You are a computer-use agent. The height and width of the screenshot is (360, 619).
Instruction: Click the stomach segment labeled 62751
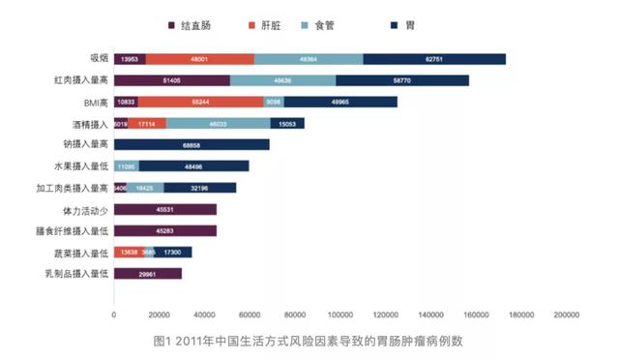click(x=434, y=60)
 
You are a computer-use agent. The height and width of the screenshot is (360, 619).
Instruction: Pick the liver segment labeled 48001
click(x=200, y=60)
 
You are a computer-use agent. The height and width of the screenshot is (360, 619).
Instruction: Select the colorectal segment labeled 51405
click(x=172, y=80)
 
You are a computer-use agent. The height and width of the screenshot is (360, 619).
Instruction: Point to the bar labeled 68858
click(x=192, y=144)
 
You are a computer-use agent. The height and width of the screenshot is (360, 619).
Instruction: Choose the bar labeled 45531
click(x=165, y=209)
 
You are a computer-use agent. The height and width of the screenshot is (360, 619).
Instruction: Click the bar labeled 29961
click(x=148, y=274)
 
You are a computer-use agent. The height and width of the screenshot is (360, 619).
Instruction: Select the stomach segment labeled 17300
click(x=173, y=253)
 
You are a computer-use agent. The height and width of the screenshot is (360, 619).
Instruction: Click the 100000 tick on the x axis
click(x=339, y=315)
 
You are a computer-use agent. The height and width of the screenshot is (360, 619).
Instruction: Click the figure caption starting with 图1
click(x=309, y=342)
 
